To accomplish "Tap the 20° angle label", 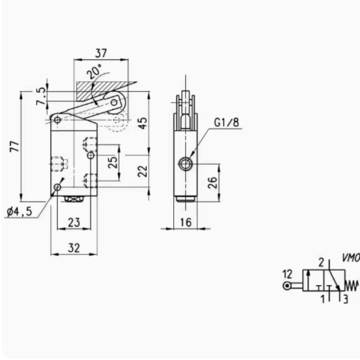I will click(95, 72).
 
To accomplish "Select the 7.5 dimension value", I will click(42, 96).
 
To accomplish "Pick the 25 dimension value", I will click(113, 162).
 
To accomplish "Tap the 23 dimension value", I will click(74, 222).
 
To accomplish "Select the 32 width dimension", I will click(74, 248).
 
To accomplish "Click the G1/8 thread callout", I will click(226, 122).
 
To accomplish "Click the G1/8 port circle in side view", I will click(185, 165).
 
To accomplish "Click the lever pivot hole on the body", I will click(57, 120).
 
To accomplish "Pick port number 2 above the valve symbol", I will click(321, 262).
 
